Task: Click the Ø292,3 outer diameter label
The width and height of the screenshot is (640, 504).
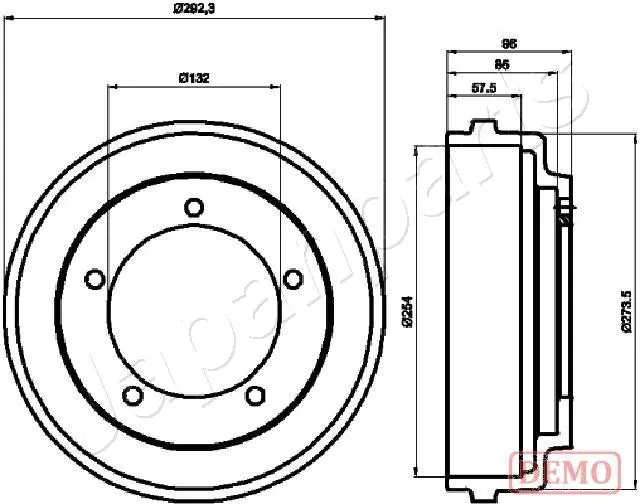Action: coord(195,9)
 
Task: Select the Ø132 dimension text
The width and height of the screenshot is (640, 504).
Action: coord(194,78)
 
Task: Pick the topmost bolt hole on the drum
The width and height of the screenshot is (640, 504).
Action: coord(194,207)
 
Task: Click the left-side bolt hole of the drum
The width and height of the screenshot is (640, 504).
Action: coord(95,278)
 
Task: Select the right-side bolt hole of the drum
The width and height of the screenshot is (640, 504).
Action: coord(292,278)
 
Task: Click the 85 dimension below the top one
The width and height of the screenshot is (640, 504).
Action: coord(503,65)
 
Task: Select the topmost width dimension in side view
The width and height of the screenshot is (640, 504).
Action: coord(507,43)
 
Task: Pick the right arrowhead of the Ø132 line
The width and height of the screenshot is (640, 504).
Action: coord(279,87)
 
